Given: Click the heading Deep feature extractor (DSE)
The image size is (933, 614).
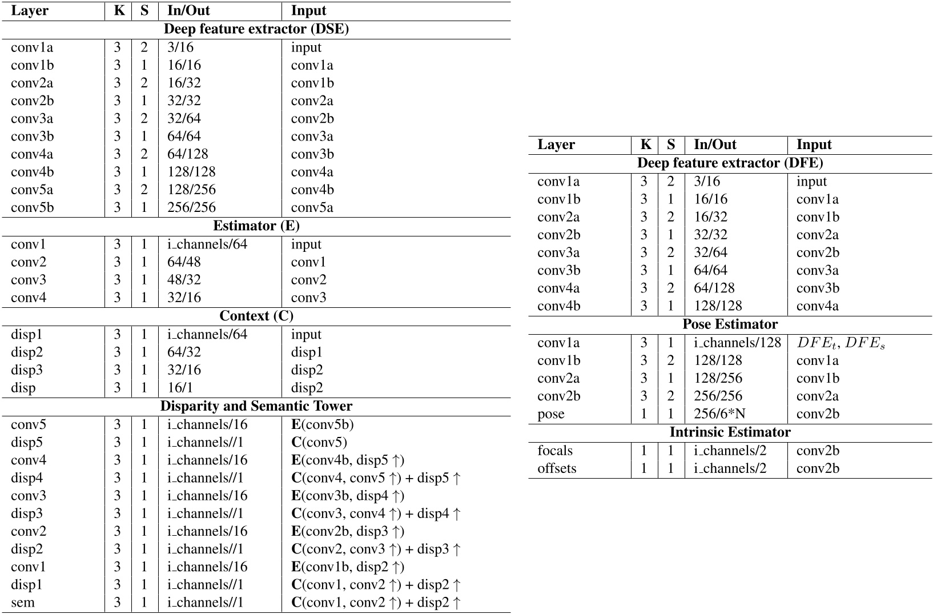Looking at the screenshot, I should (x=256, y=30).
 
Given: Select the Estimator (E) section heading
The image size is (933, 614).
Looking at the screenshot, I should (x=256, y=226).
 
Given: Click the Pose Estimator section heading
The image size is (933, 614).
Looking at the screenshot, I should (x=730, y=324).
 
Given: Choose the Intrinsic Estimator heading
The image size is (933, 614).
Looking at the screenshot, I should (x=730, y=432).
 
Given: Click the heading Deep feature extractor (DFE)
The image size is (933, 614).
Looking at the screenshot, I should (x=730, y=163).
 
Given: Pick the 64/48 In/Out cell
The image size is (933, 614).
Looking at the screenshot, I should (x=184, y=262).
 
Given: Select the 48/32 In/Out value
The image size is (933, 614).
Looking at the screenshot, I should (x=184, y=280).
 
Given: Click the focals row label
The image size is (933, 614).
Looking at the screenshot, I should (x=554, y=451).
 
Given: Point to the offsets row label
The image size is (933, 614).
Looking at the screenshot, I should (x=557, y=468).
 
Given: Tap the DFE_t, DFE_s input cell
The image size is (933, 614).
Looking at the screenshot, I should (x=840, y=343).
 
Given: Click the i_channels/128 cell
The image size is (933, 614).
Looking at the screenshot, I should (x=737, y=343).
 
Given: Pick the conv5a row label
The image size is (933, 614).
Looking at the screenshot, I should (x=32, y=190).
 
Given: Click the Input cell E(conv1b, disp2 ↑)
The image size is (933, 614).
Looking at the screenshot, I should (x=348, y=567).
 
